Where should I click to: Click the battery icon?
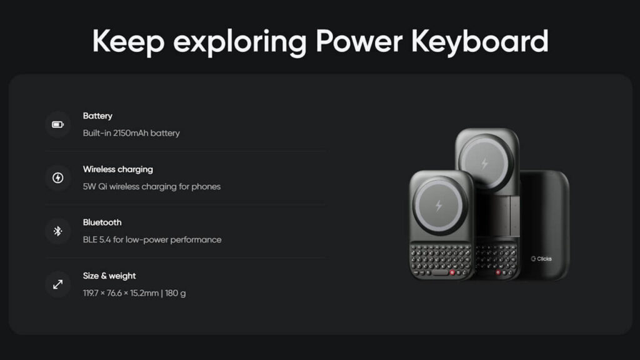pyautogui.click(x=57, y=124)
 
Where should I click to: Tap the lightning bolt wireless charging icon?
pyautogui.click(x=57, y=178)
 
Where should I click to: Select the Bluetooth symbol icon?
pyautogui.click(x=57, y=231)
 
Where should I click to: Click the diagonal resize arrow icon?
pyautogui.click(x=57, y=284)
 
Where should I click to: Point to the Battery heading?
pyautogui.click(x=97, y=116)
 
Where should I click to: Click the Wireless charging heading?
pyautogui.click(x=117, y=169)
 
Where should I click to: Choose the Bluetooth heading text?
pyautogui.click(x=102, y=222)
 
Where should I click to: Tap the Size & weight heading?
pyautogui.click(x=109, y=276)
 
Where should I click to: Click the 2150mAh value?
pyautogui.click(x=131, y=133)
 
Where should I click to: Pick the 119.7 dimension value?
pyautogui.click(x=92, y=293)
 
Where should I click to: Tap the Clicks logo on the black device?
pyautogui.click(x=542, y=259)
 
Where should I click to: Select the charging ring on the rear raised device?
pyautogui.click(x=484, y=164)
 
